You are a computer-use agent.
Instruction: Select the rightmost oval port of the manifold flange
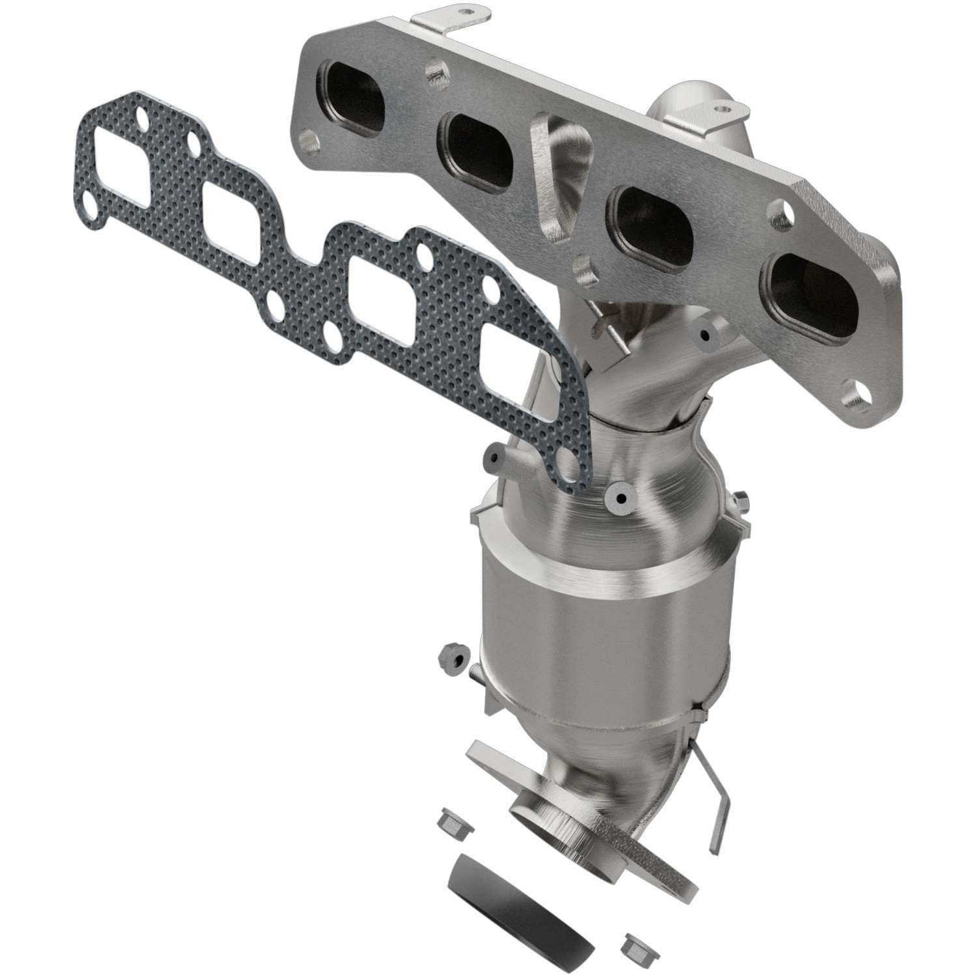810,296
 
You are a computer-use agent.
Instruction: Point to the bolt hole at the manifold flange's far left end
307,138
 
